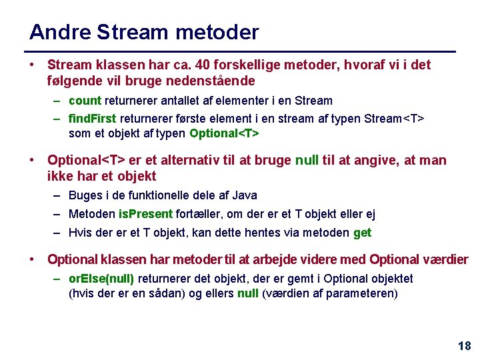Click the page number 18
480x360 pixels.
coord(464,345)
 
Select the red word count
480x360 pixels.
coord(85,101)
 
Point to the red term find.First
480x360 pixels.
coord(93,119)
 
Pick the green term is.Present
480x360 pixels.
coord(145,214)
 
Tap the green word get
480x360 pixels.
coord(362,233)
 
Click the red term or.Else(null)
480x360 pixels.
coord(101,278)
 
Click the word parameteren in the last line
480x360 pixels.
coord(363,293)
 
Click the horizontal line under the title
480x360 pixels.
coord(239,51)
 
